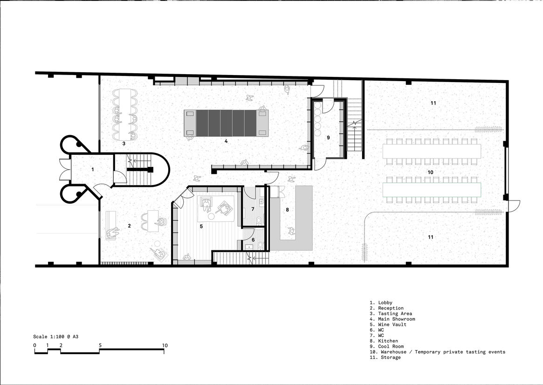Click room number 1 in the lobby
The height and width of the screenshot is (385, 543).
92,169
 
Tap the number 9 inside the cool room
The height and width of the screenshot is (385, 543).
328,137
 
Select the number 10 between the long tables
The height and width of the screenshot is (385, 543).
431,172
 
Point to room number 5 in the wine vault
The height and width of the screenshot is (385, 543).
201,226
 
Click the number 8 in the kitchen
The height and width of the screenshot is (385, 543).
287,209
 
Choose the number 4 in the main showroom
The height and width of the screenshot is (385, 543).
226,141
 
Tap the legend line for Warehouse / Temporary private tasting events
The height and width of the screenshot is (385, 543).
437,352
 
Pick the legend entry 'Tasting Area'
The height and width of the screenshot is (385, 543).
391,313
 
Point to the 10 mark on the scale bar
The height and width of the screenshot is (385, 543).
165,345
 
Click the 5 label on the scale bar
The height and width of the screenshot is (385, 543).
100,345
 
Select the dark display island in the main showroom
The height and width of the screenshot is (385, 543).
226,123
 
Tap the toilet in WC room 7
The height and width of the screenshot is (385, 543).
259,220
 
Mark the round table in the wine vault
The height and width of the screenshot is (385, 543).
211,217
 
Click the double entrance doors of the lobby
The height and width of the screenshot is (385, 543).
64,170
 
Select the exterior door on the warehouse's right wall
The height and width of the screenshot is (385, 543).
513,206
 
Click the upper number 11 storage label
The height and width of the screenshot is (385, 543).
433,103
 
